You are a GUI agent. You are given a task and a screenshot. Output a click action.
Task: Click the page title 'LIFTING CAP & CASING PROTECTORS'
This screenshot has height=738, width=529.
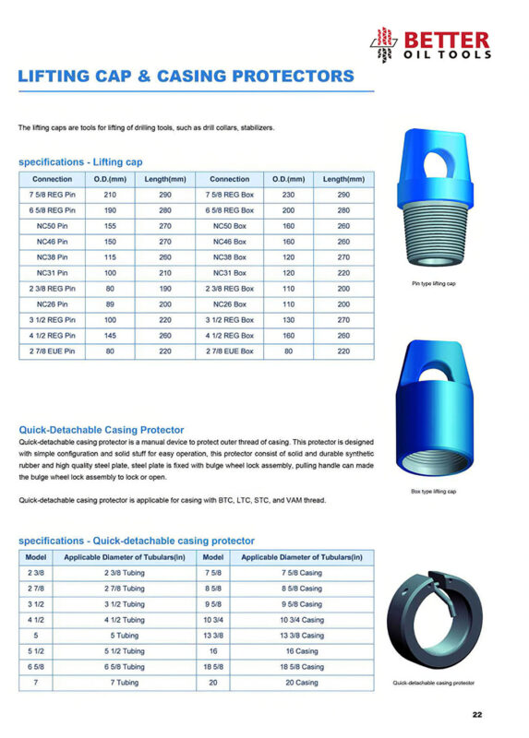click(186, 76)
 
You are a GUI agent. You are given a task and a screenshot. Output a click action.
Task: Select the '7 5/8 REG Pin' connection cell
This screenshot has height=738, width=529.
click(53, 195)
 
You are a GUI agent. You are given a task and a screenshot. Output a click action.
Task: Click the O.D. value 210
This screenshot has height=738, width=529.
click(110, 195)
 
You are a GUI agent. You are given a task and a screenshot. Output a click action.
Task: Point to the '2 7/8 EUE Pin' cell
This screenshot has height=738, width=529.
click(53, 351)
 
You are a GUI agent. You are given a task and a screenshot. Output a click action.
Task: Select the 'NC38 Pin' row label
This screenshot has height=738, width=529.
click(53, 257)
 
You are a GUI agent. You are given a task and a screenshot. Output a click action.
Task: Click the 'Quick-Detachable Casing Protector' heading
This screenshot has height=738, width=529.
click(102, 429)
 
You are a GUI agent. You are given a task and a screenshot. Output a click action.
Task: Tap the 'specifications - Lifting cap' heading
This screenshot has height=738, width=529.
click(81, 162)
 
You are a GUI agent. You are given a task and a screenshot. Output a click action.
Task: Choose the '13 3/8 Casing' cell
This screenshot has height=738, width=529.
click(303, 636)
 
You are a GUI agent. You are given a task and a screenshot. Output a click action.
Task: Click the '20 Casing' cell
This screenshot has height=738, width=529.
click(303, 683)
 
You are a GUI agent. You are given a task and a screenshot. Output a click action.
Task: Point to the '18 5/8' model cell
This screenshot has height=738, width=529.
click(212, 667)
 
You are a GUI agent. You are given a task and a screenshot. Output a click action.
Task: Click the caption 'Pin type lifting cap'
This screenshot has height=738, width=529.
click(433, 283)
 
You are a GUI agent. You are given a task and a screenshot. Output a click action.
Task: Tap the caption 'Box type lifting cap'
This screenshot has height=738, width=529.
click(433, 492)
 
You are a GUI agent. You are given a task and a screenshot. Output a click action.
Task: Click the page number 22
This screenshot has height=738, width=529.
click(477, 713)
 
